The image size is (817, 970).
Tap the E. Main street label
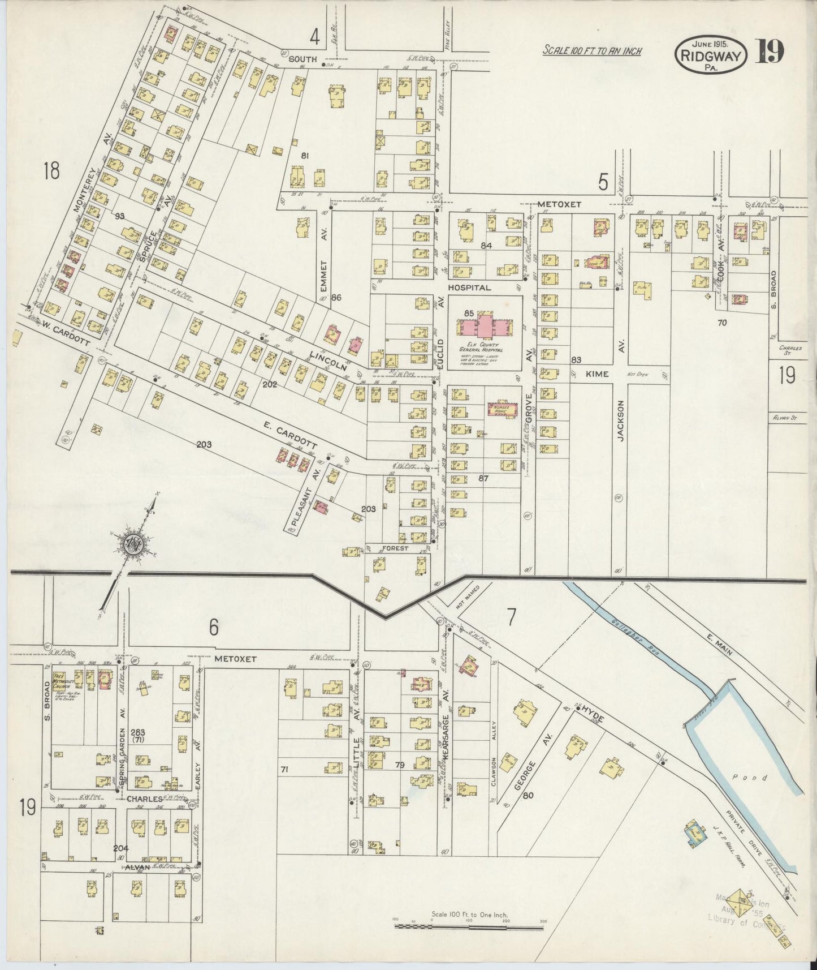click(719, 643)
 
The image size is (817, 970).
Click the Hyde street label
click(593, 715)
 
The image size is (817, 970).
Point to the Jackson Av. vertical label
click(620, 420)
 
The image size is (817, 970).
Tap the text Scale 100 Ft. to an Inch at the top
click(592, 51)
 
